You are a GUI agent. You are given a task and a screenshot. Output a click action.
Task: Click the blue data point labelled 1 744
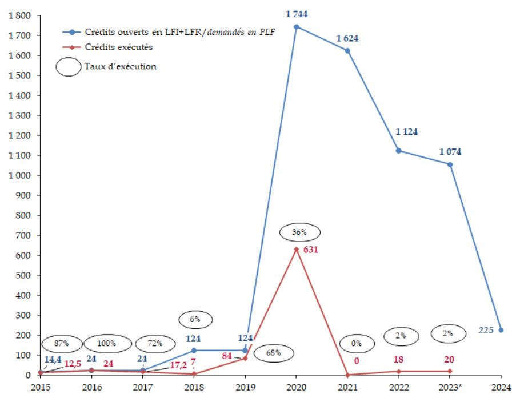click(297, 27)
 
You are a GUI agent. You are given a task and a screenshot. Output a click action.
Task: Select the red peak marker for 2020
click(297, 249)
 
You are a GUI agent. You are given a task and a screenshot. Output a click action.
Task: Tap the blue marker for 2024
click(501, 330)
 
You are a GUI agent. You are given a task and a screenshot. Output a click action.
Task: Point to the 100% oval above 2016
click(106, 344)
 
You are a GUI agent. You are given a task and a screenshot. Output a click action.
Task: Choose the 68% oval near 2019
click(274, 353)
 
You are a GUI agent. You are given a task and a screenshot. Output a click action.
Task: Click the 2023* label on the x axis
click(450, 387)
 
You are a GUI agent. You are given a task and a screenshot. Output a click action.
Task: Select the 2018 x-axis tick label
click(194, 387)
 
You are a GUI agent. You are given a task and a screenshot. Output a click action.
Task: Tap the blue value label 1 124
click(407, 132)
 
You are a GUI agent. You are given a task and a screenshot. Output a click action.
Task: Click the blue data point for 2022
click(399, 151)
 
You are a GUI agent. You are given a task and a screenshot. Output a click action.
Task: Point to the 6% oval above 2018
click(195, 319)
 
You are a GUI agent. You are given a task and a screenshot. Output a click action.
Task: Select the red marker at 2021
click(347, 375)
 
